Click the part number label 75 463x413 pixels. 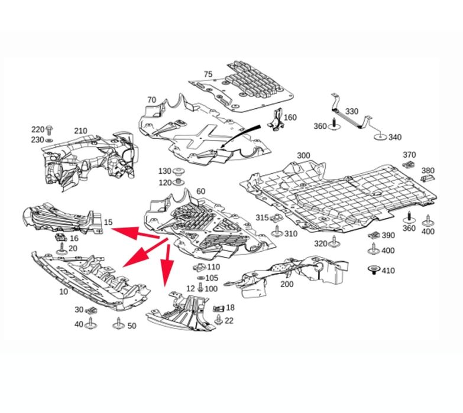208,74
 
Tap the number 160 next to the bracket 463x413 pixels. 290,118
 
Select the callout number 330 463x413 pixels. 352,111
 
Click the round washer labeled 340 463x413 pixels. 381,136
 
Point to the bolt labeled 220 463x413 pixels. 49,130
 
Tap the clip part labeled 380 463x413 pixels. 428,178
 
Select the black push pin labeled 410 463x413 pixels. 374,269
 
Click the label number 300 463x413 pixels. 303,155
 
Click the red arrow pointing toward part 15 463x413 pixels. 135,233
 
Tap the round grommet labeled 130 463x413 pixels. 179,171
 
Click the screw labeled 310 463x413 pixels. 277,232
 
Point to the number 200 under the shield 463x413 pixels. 287,284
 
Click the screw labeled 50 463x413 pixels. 118,324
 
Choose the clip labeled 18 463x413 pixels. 219,308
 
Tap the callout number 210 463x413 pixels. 80,131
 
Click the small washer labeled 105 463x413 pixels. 200,278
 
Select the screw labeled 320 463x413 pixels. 334,242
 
